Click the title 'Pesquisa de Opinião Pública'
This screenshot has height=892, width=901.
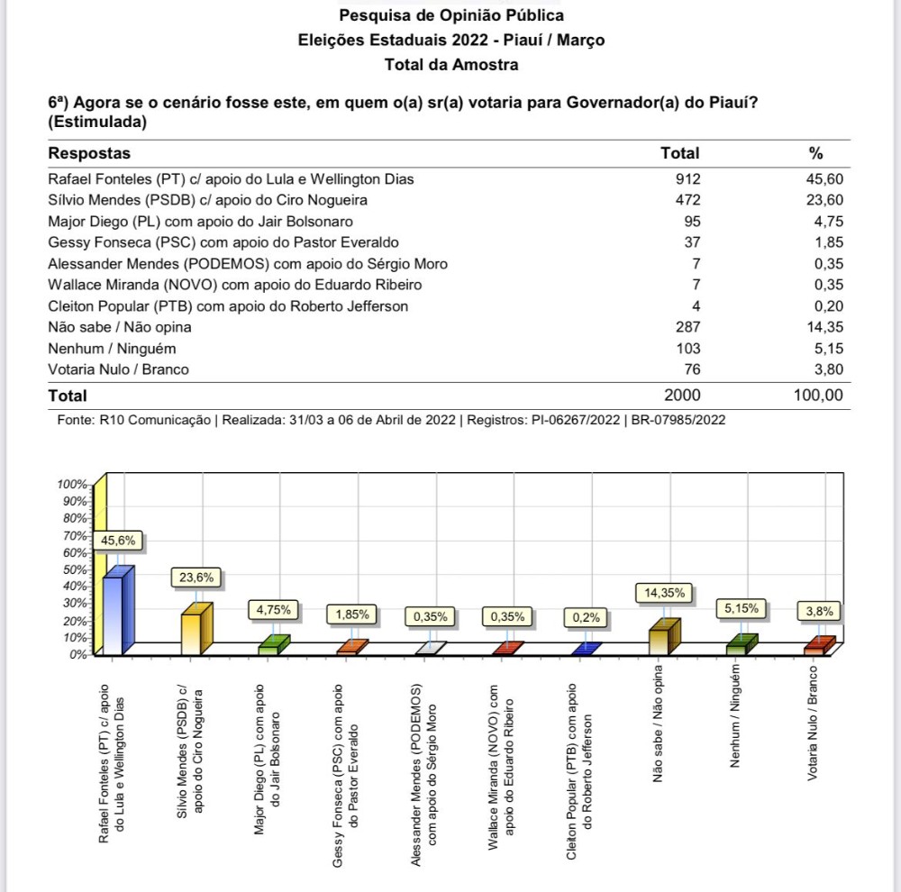(450, 15)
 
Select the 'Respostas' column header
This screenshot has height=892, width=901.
(89, 153)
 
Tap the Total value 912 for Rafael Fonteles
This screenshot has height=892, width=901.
(687, 179)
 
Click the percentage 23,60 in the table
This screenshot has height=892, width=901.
(824, 200)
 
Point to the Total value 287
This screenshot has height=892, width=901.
(687, 327)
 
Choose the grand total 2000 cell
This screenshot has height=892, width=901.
(682, 395)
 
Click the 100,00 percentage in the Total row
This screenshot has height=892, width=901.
(817, 395)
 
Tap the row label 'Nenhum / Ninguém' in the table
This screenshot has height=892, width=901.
(112, 348)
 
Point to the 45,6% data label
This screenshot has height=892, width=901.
(119, 541)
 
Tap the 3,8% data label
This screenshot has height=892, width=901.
(820, 611)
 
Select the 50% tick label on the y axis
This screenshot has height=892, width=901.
(73, 569)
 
